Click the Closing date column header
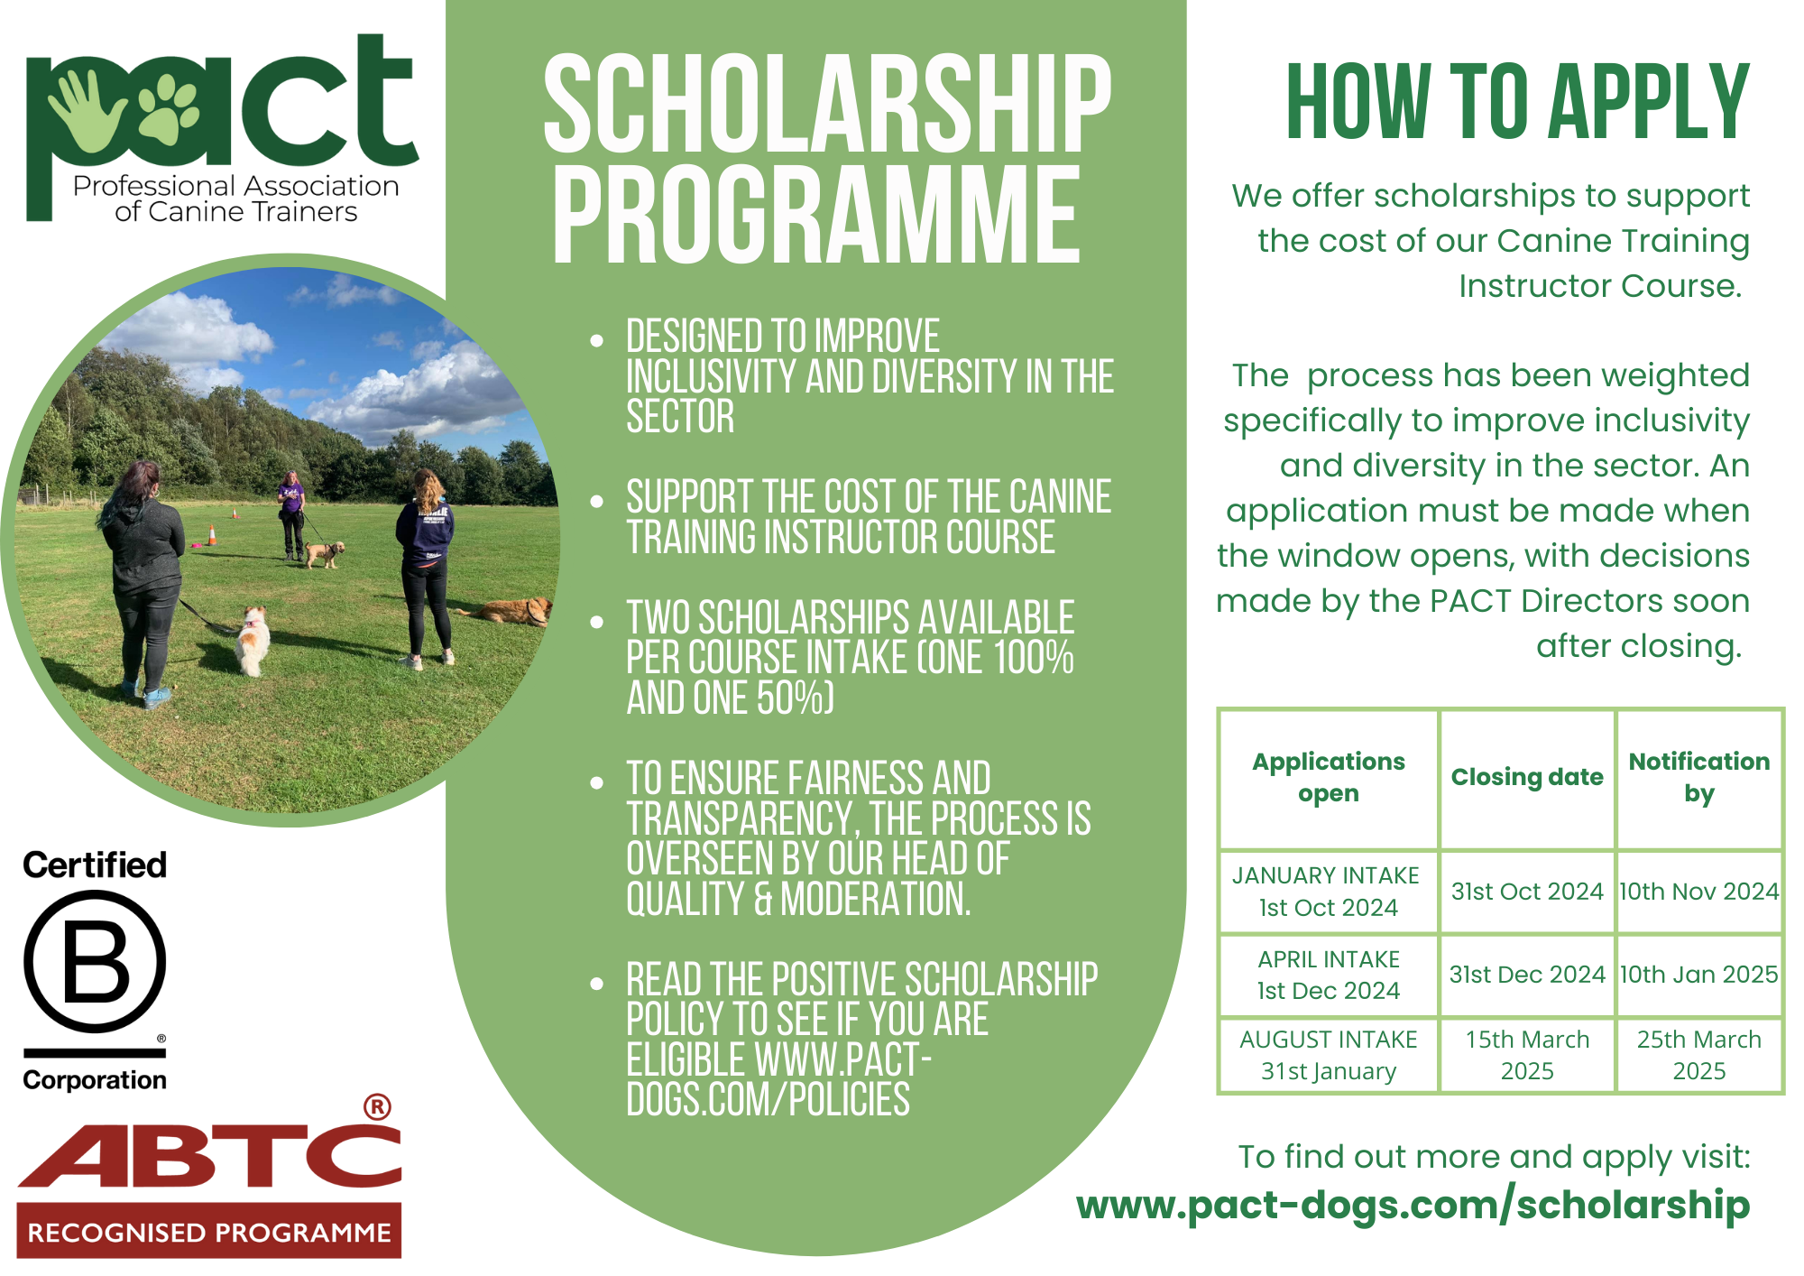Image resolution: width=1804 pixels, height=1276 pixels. coord(1526,777)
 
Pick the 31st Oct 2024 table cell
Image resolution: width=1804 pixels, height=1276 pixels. coord(1526,892)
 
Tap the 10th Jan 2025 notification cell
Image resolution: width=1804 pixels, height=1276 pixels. coord(1698,975)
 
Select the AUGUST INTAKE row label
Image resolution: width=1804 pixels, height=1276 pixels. coord(1328,1040)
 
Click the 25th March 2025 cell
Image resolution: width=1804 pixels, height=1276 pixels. coord(1698,1055)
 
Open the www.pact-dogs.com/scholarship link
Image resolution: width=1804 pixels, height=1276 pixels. coord(1413,1206)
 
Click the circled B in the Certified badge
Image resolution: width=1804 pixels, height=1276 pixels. coord(95,961)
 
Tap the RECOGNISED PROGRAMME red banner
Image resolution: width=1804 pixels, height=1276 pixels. coord(209,1232)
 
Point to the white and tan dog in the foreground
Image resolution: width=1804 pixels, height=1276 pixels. coord(253,641)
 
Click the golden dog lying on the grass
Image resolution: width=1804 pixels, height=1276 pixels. coord(510,611)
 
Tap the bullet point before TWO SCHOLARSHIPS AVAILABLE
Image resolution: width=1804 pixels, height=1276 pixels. coord(596,622)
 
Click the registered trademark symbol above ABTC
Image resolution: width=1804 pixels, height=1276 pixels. coord(377,1107)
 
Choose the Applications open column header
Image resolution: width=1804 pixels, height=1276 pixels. coord(1328,777)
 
